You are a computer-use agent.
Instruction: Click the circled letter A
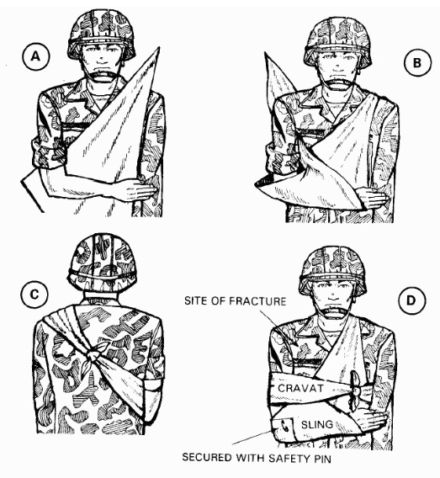coord(36,57)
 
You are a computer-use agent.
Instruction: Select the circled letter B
coord(417,63)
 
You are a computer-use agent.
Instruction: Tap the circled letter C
coord(34,295)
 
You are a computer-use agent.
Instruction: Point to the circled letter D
coord(411,300)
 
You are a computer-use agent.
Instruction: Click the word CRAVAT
coord(300,389)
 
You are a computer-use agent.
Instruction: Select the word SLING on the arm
coord(316,425)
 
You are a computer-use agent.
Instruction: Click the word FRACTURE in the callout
coord(257,301)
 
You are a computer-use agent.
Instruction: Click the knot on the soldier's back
coord(94,354)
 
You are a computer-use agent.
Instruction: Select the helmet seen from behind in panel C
coord(102,263)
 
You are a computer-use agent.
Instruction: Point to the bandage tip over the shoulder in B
coord(268,58)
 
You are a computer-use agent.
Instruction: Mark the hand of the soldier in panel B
coord(373,198)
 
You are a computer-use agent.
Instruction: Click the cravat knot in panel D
coord(354,390)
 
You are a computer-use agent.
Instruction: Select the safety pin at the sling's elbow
coord(284,426)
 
